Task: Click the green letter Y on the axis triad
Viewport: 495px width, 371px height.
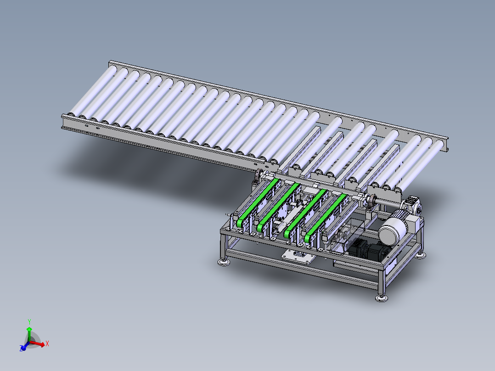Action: pyautogui.click(x=29, y=322)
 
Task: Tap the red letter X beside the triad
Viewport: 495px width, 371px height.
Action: pyautogui.click(x=47, y=343)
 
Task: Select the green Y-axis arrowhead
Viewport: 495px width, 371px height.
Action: pyautogui.click(x=29, y=329)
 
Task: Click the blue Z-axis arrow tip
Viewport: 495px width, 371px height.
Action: pyautogui.click(x=22, y=348)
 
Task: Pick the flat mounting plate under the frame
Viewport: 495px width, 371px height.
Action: pyautogui.click(x=298, y=256)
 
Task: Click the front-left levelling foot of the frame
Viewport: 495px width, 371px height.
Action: pyautogui.click(x=224, y=262)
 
